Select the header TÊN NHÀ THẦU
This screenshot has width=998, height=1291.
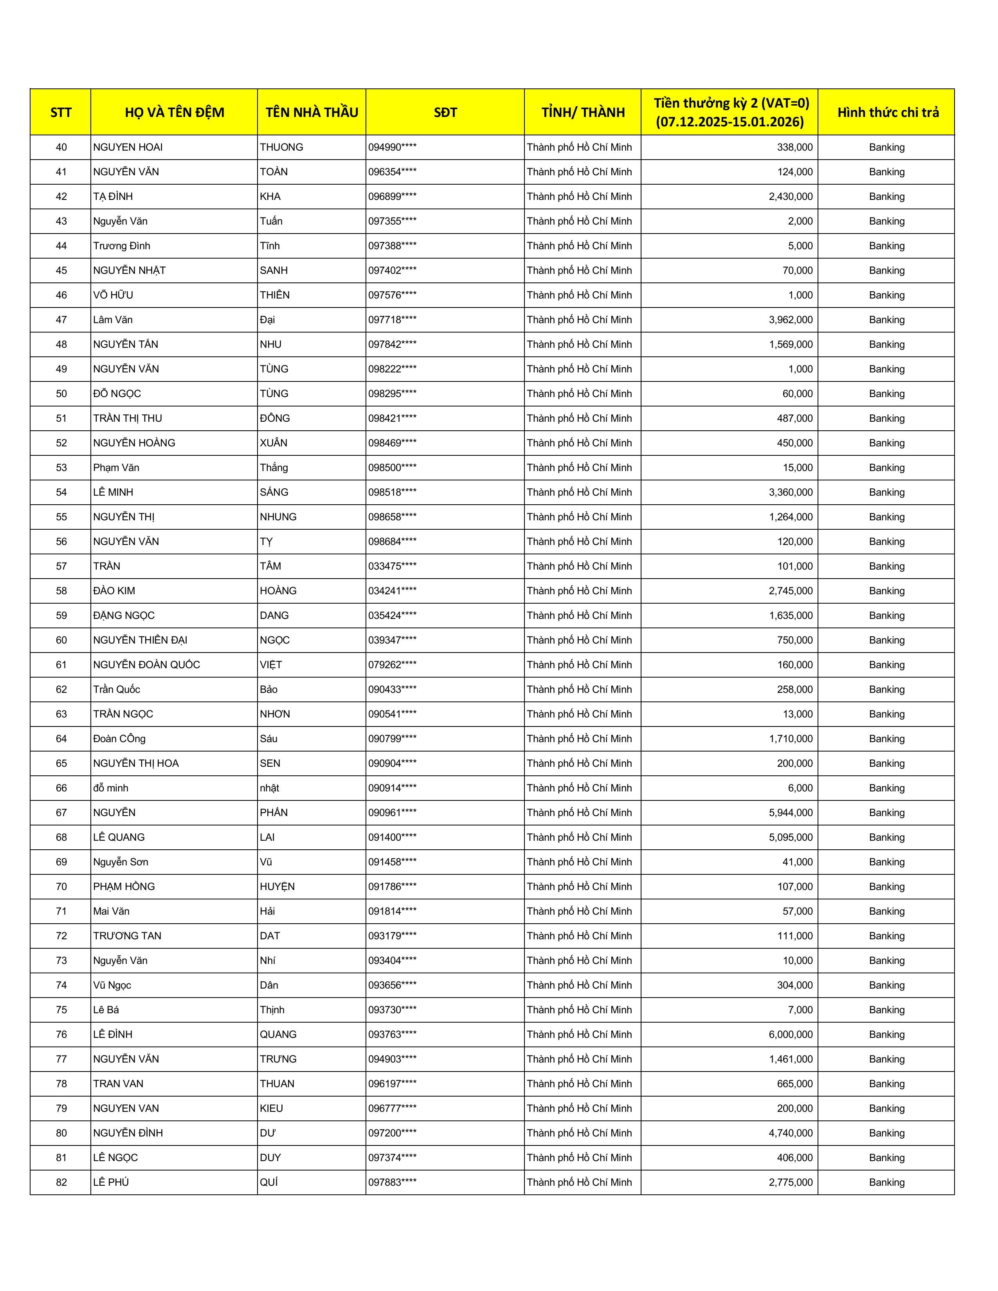point(312,112)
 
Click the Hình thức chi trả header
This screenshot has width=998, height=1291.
point(888,112)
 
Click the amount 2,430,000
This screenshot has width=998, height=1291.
point(791,196)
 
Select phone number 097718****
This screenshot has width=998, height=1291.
point(392,320)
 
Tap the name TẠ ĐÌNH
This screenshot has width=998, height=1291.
point(113,196)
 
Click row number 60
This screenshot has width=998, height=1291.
point(61,640)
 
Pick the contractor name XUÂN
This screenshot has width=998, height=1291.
point(273,443)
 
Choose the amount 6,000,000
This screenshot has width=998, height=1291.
point(791,1034)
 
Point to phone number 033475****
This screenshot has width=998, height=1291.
point(392,566)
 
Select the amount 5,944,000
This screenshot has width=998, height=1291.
point(791,813)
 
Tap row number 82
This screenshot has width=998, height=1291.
point(61,1182)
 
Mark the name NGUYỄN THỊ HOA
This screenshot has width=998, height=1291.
point(135,763)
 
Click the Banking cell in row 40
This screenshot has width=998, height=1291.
point(886,147)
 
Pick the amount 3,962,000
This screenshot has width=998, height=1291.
point(791,320)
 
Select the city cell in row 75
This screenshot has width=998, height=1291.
point(579,1010)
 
